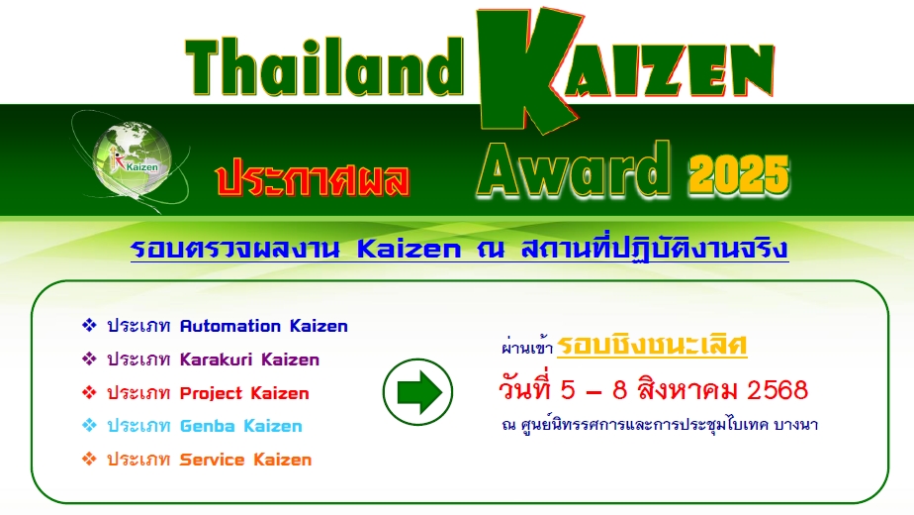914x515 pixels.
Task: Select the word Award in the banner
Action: click(574, 170)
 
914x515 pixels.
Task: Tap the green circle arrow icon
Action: click(418, 393)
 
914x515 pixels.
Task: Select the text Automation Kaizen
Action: click(263, 326)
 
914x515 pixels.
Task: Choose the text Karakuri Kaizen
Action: click(249, 360)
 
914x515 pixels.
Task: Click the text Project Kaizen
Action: click(244, 393)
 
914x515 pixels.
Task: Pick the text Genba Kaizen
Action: click(240, 426)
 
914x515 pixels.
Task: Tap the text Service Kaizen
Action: click(245, 460)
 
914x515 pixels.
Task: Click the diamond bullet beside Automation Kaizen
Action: click(89, 326)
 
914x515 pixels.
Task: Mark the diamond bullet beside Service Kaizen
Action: click(89, 460)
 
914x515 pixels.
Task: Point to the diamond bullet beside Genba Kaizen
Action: click(89, 426)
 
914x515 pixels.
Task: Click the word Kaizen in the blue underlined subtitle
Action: click(408, 249)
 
